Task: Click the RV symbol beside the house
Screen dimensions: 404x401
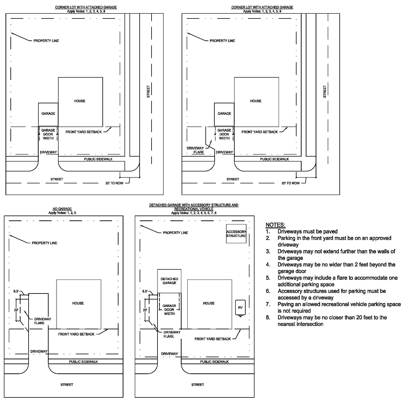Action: [x=240, y=308]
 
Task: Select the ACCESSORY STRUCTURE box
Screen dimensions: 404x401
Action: [x=236, y=234]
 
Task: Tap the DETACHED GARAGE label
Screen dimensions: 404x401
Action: [x=169, y=281]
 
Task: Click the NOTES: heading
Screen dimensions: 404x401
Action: [x=275, y=225]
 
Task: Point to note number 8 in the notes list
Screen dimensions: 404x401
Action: [x=268, y=317]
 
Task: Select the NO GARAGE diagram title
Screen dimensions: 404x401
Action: [x=62, y=209]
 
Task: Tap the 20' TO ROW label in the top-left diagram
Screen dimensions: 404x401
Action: [x=114, y=183]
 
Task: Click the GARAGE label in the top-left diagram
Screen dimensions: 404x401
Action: [x=48, y=113]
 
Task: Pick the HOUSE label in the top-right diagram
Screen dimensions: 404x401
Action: [x=255, y=101]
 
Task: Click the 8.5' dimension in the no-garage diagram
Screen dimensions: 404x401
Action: [x=16, y=291]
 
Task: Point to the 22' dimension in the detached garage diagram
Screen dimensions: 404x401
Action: [x=145, y=310]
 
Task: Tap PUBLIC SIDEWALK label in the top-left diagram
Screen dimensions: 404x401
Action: [x=98, y=159]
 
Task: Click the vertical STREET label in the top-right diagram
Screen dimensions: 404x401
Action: [x=325, y=92]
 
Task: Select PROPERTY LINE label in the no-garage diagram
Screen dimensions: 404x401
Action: [x=44, y=243]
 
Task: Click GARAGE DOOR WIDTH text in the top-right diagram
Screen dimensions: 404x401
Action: [x=224, y=134]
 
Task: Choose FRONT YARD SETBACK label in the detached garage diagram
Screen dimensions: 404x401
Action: [x=213, y=339]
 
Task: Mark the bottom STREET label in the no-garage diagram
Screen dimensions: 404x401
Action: [x=67, y=385]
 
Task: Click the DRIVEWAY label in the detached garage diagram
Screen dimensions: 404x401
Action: [x=169, y=354]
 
